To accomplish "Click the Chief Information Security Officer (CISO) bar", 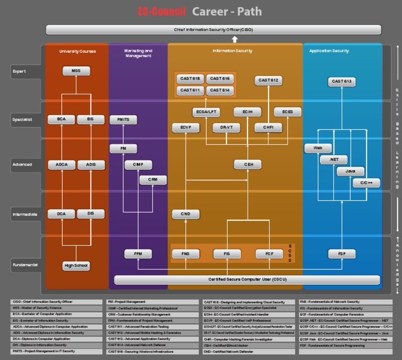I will click(213, 30).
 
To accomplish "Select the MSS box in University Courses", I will click(76, 71).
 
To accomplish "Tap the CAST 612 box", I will click(268, 80).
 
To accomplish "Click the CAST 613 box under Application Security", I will click(342, 81).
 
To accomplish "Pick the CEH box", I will click(248, 165).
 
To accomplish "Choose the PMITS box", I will click(123, 119).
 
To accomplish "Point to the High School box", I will click(76, 266).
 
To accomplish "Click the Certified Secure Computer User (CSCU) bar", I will click(247, 280).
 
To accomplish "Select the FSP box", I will click(342, 254).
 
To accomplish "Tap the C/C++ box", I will click(366, 183).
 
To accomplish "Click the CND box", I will click(186, 214).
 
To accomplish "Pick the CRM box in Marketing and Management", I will click(153, 180).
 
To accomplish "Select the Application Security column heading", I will click(329, 51).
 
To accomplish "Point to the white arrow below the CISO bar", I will click(234, 39).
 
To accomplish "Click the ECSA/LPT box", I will click(206, 112).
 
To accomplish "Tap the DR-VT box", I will click(226, 127).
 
